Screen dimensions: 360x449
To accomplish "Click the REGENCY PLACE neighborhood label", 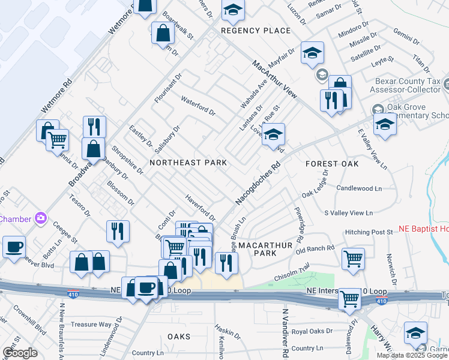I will (256, 31).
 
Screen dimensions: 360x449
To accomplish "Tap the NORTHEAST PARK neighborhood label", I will (188, 163).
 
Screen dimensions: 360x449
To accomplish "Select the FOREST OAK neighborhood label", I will (331, 164).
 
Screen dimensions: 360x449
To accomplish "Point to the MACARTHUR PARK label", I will (265, 250).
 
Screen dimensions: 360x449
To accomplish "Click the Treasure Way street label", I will (91, 325).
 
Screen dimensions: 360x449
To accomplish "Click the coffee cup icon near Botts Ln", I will (14, 247).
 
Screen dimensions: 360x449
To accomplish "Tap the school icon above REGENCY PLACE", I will (233, 10).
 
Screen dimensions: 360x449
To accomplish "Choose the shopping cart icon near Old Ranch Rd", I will (354, 259).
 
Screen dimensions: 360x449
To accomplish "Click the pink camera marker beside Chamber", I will (41, 218).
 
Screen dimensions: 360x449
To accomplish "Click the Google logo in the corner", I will (20, 352).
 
